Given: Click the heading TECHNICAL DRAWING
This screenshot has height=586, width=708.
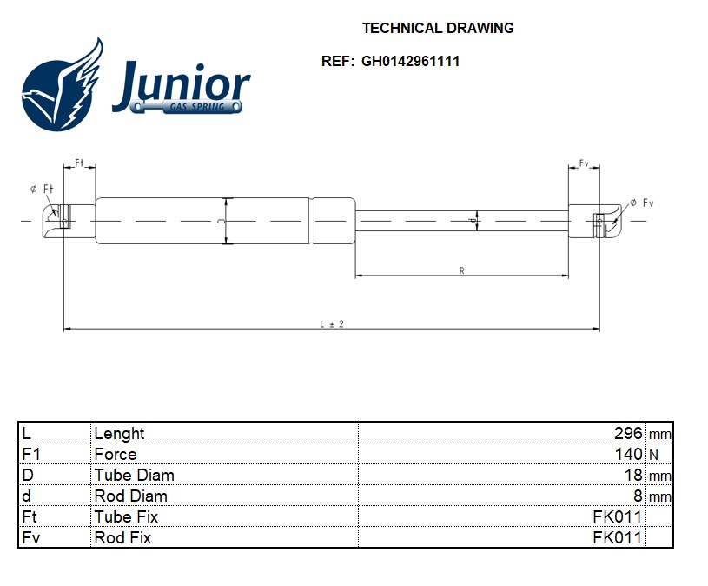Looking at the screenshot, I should click(438, 28).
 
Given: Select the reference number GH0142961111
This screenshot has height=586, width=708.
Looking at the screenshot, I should click(411, 62).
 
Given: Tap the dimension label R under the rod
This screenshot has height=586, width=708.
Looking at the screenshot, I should click(461, 271).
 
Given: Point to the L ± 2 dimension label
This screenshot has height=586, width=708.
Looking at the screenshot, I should click(332, 323).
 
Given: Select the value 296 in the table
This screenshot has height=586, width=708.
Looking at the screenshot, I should click(628, 433).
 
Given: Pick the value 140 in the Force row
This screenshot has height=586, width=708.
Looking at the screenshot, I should click(628, 454).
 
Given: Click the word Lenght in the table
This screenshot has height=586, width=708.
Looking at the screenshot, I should click(119, 433).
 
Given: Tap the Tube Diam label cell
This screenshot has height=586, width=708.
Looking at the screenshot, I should click(134, 475).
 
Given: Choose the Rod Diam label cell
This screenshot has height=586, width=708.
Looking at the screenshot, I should click(130, 496).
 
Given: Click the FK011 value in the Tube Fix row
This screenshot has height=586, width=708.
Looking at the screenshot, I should click(617, 516).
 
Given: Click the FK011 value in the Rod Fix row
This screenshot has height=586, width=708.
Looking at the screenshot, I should click(617, 537).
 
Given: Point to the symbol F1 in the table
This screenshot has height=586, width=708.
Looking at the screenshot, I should click(30, 454).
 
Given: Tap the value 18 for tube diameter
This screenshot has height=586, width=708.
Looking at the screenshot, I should click(633, 475).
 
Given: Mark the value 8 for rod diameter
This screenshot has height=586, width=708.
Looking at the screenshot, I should click(638, 496).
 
